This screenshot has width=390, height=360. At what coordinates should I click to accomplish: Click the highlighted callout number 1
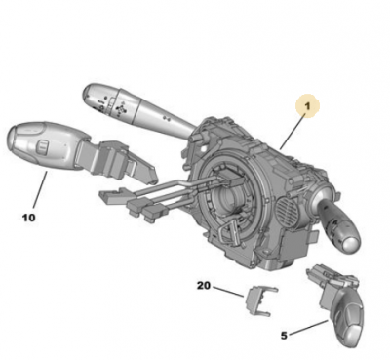[307, 106]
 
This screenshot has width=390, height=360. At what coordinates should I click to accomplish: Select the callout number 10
[28, 218]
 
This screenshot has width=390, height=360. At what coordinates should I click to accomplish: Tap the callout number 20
[204, 286]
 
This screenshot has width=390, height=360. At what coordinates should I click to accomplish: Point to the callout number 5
[284, 336]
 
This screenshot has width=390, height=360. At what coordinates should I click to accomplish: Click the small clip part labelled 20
[258, 300]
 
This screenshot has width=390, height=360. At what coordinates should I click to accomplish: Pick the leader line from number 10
[40, 190]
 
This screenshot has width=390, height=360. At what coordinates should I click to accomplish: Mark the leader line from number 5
[309, 327]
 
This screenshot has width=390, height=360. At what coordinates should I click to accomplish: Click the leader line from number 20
[228, 291]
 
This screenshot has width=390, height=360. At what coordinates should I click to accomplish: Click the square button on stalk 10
[41, 146]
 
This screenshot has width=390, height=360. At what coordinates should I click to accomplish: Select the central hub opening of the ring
[226, 199]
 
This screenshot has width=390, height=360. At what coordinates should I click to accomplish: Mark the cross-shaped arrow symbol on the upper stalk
[121, 109]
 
